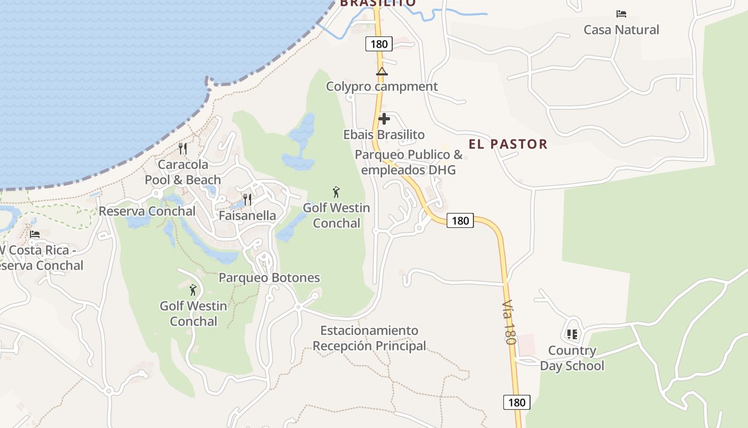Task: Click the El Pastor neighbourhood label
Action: [508, 144]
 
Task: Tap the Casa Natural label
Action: [621, 29]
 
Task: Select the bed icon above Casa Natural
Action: [621, 14]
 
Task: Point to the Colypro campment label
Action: [381, 86]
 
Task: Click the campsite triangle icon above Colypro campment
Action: [381, 72]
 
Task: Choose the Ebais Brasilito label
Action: [384, 134]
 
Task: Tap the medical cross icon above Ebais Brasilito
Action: [384, 119]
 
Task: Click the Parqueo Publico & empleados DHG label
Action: [409, 162]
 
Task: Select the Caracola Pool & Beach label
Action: [183, 172]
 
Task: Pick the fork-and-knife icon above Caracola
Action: [183, 148]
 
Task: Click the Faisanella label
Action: [247, 216]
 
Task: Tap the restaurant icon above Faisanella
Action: [247, 200]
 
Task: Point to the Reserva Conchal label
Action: [147, 211]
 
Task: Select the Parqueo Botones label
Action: [269, 278]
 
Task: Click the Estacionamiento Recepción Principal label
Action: [369, 338]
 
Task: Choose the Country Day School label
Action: [572, 358]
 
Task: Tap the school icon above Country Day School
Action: [572, 335]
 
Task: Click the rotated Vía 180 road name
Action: [509, 329]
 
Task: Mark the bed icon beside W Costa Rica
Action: [35, 234]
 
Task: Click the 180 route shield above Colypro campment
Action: [379, 44]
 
